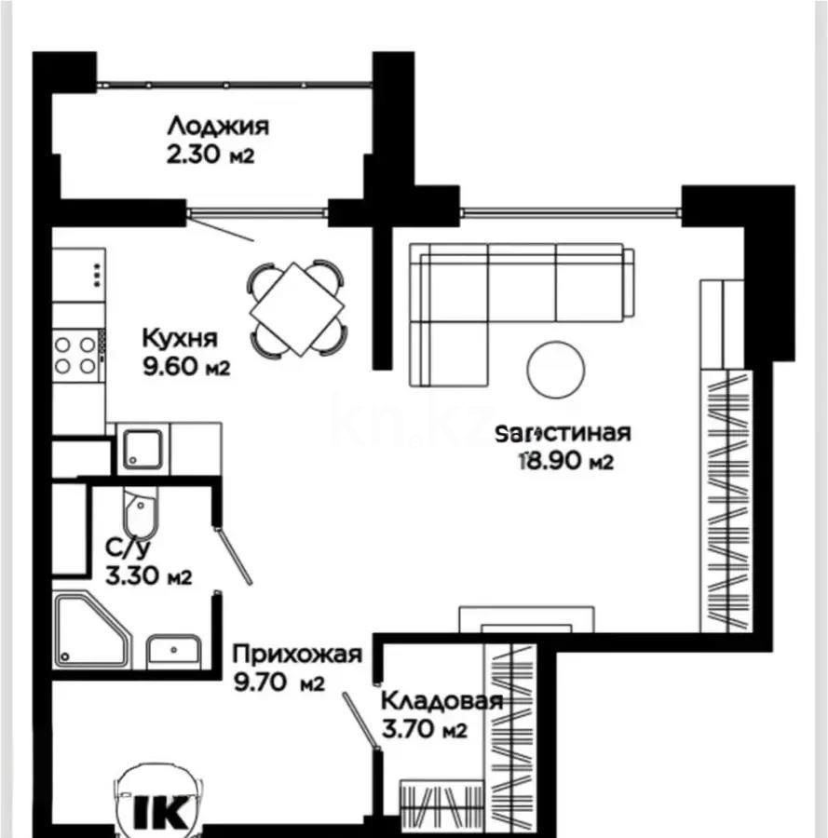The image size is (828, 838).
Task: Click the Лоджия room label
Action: [218, 126]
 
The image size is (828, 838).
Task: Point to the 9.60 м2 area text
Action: [185, 366]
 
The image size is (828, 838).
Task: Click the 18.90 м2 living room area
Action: [566, 460]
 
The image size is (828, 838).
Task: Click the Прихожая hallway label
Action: [296, 654]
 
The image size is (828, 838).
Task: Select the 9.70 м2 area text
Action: [278, 683]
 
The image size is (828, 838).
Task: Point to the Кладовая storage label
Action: [442, 701]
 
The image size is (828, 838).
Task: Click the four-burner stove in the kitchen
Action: [75, 355]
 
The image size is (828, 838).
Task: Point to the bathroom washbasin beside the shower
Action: [174, 650]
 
